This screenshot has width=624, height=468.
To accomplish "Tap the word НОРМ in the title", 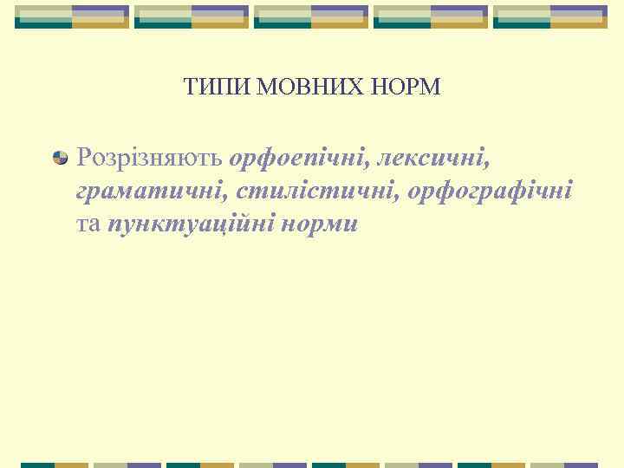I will [x=410, y=88].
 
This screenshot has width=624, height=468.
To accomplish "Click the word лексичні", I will [x=435, y=158].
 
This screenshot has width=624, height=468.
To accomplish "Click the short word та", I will [x=88, y=224].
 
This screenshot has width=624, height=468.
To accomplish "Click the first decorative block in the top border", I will [x=72, y=16].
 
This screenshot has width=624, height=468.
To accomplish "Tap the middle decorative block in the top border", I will [x=311, y=16].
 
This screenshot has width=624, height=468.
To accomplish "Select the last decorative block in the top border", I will [x=550, y=16].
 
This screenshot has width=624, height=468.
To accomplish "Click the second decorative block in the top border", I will [x=192, y=16].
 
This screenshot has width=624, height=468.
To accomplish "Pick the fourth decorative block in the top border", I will [x=431, y=16].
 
